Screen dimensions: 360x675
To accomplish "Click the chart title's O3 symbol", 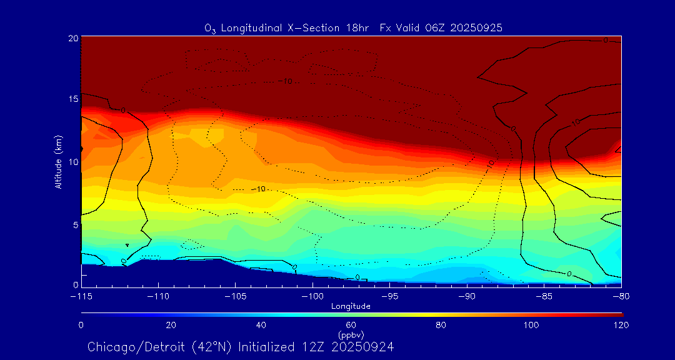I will (x=210, y=28).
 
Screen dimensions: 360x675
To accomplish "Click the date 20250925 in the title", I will (x=476, y=27).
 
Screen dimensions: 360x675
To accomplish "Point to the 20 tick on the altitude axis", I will (x=72, y=38).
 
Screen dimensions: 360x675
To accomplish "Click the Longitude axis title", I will (x=351, y=306).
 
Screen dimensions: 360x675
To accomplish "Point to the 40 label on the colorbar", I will (x=261, y=325).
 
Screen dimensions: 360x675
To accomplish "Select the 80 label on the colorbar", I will (x=442, y=325).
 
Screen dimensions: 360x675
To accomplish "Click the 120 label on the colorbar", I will (x=621, y=325).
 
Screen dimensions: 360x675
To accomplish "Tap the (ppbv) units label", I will (x=351, y=334).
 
